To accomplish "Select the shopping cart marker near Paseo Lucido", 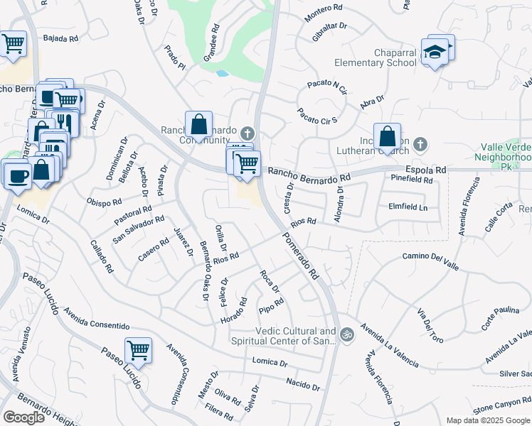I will coord(138,350).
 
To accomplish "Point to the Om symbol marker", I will coord(347,334).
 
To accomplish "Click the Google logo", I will coord(23,417).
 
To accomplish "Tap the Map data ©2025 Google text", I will coord(487,420).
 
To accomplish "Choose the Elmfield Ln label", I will coord(408,207).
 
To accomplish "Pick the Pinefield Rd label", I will coord(412,180).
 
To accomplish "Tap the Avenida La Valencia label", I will coord(388,345).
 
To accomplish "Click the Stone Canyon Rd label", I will coord(502,408).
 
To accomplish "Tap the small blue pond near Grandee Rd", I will coord(222,73).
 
